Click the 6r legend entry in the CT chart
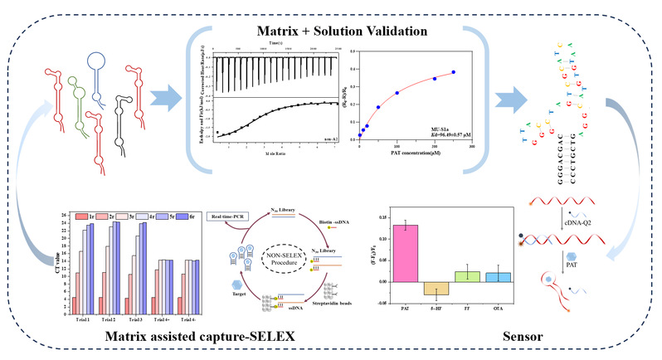click(187, 216)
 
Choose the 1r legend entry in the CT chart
click(83, 216)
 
